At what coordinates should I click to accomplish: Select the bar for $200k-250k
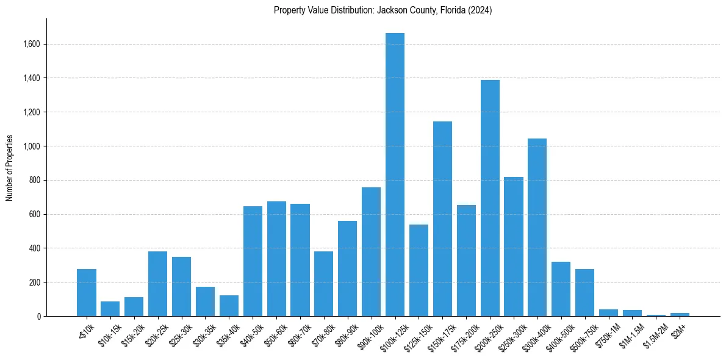490,198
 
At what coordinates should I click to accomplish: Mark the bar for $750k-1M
608,313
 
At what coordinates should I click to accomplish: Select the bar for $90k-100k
371,251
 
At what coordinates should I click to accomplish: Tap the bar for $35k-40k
229,306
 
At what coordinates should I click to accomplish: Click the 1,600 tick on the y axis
32,44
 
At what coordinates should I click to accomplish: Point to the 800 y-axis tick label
34,181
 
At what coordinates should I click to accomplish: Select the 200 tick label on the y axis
34,283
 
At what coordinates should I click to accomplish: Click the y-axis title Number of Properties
10,168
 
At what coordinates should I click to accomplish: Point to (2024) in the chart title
481,10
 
